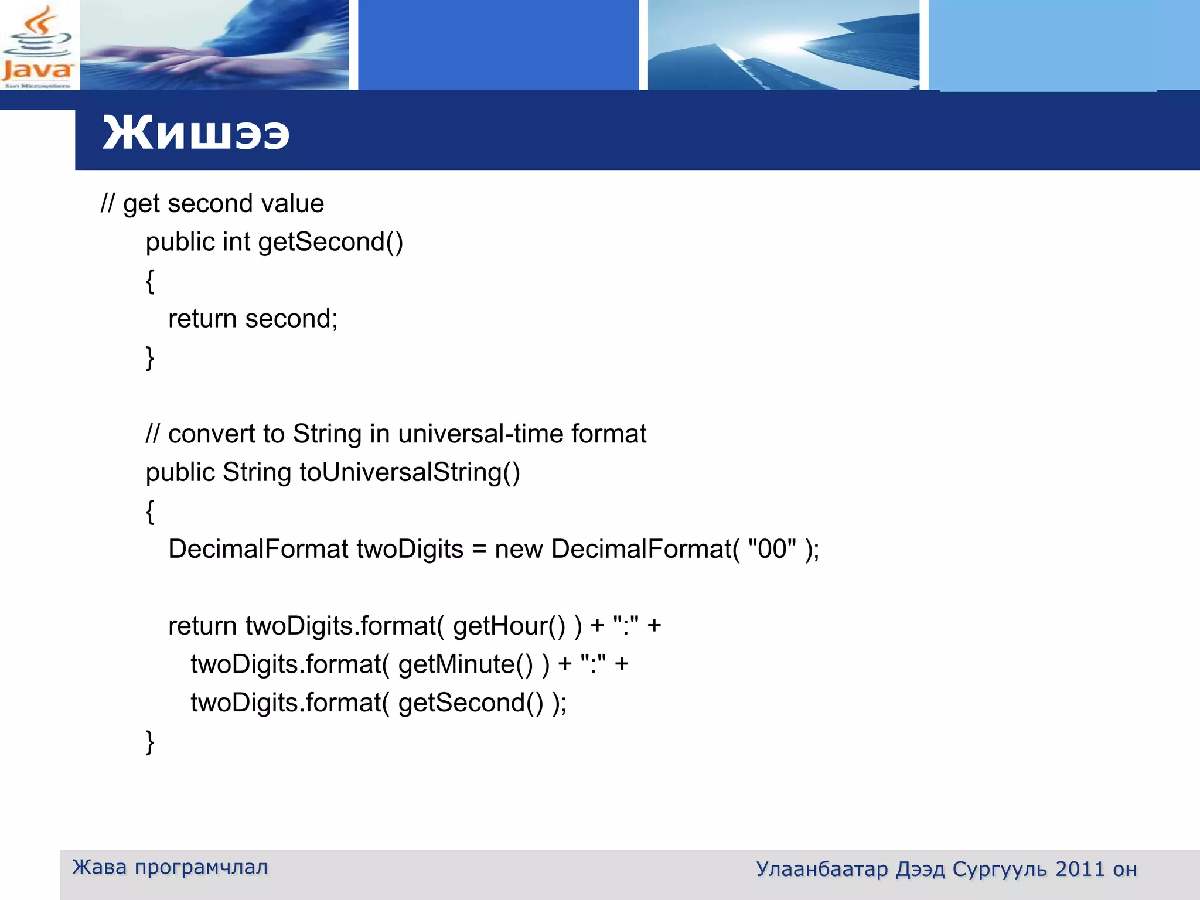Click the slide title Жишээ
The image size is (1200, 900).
point(196,134)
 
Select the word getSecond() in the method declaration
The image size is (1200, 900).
point(330,242)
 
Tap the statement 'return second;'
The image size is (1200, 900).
point(253,319)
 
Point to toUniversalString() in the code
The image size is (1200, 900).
point(410,472)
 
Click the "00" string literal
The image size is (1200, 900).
point(772,549)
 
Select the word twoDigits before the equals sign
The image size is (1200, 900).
point(410,549)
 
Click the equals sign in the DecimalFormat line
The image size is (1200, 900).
point(479,550)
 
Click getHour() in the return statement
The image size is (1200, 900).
point(509,626)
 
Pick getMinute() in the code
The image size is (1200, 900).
point(465,664)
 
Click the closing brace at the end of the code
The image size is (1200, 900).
point(150,742)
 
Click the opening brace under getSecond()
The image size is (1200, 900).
point(150,281)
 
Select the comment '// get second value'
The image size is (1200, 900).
point(212,203)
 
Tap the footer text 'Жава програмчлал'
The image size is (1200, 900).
point(170,867)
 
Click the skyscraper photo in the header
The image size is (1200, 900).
point(783,46)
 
